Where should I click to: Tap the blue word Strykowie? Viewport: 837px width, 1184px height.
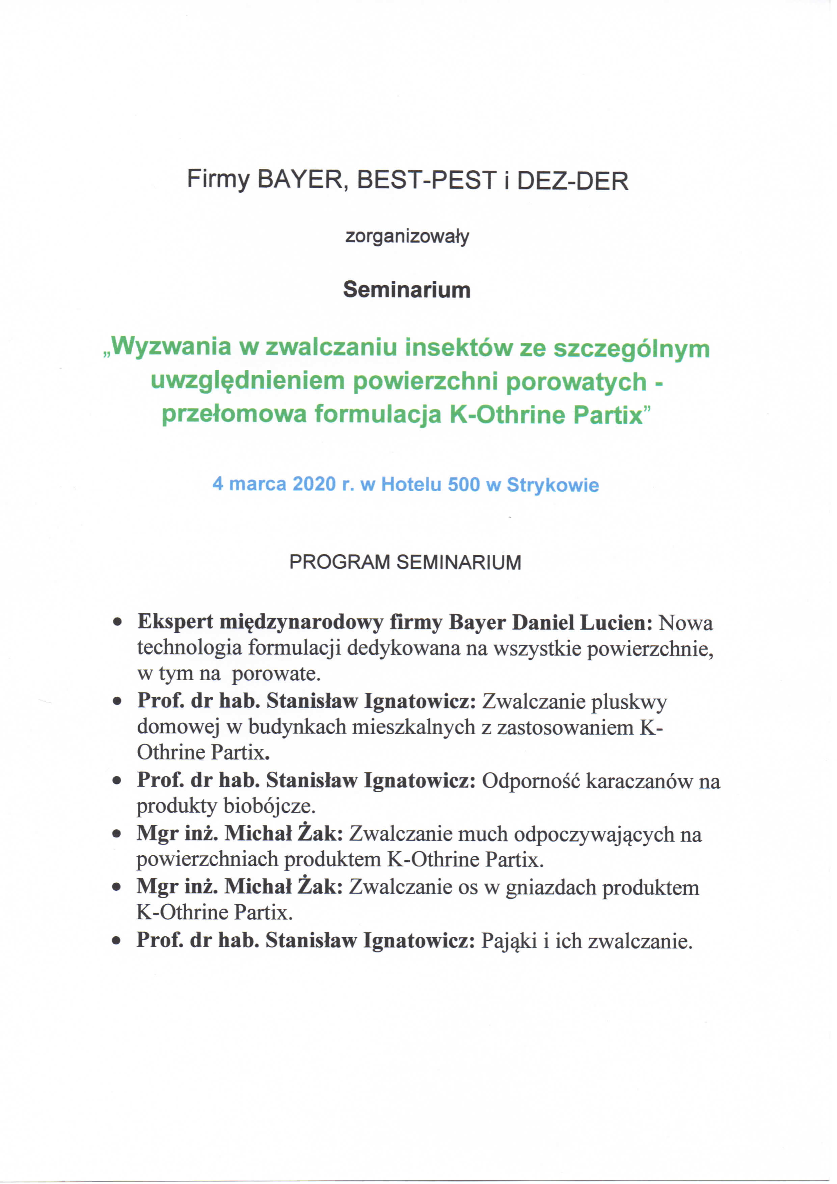[553, 485]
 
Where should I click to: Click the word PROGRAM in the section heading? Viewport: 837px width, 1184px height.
[339, 562]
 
